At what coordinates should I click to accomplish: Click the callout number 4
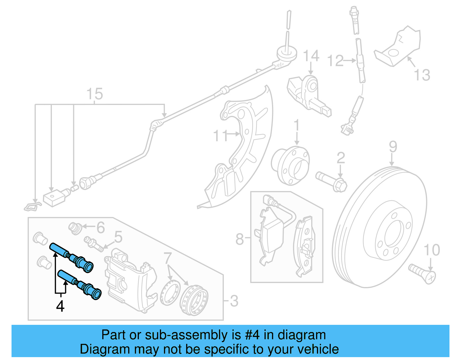(60, 306)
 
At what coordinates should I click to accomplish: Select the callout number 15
(95, 94)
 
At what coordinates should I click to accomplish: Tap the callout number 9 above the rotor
(393, 147)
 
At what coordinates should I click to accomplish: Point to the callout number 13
(422, 75)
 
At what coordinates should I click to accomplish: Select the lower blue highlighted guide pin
(79, 284)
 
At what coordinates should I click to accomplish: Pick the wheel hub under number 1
(290, 166)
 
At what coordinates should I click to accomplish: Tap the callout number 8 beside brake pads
(239, 239)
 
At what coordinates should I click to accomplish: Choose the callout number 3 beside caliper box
(234, 301)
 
